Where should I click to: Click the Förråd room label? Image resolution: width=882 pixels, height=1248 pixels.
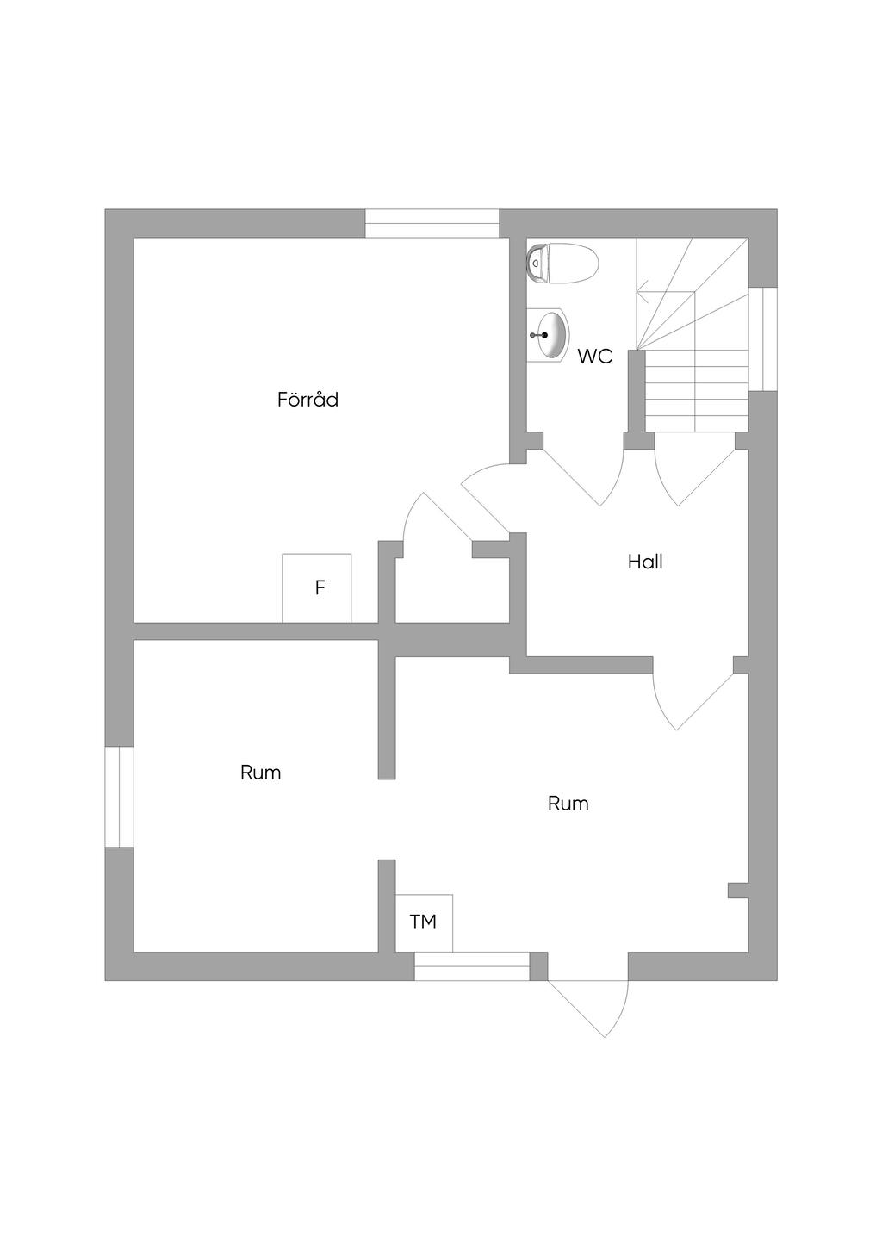[307, 400]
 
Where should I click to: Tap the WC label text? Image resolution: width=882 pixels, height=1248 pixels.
[595, 357]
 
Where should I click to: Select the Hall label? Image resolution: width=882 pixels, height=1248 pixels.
[645, 562]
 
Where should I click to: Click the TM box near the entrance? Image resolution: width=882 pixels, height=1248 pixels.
[424, 922]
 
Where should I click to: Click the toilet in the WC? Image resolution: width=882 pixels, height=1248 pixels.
[562, 262]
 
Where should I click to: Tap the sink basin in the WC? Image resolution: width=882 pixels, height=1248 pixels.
[550, 334]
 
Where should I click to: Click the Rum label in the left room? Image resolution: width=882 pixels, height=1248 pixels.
[261, 773]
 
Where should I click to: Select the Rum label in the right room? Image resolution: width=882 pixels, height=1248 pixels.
[568, 804]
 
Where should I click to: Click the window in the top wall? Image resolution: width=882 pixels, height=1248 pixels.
[432, 223]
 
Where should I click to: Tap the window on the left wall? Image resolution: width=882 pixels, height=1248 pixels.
[119, 797]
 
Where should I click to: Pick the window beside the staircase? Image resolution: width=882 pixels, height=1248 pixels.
[763, 339]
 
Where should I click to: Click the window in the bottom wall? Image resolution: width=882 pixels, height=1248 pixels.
[471, 966]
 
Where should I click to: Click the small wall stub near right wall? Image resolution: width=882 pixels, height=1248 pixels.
[738, 891]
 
